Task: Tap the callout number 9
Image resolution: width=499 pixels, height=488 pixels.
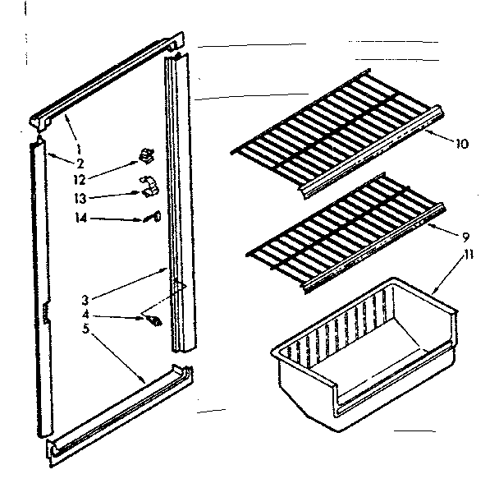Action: click(x=465, y=235)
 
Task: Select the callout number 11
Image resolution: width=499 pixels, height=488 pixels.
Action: click(x=468, y=256)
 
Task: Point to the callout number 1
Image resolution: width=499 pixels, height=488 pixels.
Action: click(x=78, y=149)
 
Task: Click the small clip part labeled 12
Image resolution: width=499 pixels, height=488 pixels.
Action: click(x=146, y=154)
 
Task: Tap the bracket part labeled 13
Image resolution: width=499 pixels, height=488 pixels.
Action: click(x=149, y=186)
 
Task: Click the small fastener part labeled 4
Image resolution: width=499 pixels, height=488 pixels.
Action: click(x=150, y=318)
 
